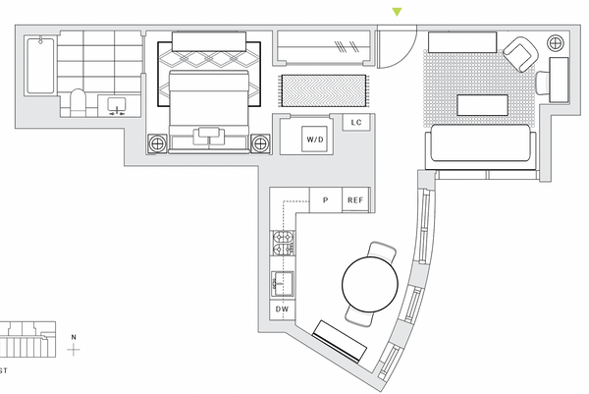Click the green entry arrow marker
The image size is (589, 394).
point(397,12)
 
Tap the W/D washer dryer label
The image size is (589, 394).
point(315,140)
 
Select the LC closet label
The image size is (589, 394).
point(356,122)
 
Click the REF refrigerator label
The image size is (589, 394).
point(355,200)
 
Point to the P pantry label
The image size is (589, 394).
point(325,200)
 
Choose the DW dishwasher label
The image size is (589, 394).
point(282,310)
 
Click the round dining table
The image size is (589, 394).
point(370,284)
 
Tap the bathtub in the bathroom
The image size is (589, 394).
point(40,65)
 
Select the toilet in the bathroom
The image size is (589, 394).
point(79,102)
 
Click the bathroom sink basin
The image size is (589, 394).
point(117,104)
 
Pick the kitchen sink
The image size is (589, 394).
point(282,284)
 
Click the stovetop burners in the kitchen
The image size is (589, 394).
point(284,243)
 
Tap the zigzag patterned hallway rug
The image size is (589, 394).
point(323,90)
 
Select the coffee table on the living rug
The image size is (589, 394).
point(482,105)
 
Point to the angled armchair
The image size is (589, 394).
point(520,54)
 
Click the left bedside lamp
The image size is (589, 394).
point(157,143)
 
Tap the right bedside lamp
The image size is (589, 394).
point(260,143)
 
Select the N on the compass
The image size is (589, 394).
point(74,337)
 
